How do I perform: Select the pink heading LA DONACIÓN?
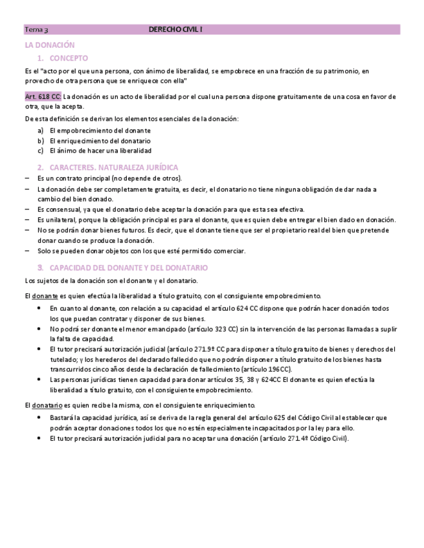(x=50, y=45)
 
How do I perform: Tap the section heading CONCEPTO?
(x=68, y=58)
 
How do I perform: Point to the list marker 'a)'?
(x=40, y=130)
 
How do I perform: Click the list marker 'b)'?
(x=40, y=140)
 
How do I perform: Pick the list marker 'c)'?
(x=40, y=151)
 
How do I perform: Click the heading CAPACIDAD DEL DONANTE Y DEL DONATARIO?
(x=128, y=268)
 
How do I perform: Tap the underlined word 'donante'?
(x=45, y=295)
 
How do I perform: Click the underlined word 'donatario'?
(x=47, y=405)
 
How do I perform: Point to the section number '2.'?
(x=41, y=167)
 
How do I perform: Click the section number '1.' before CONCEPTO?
(x=41, y=58)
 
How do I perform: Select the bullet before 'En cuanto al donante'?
(x=40, y=308)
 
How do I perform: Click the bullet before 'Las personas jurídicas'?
(x=40, y=379)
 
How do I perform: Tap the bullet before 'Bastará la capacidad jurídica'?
(x=40, y=417)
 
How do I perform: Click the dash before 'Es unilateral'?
(x=27, y=220)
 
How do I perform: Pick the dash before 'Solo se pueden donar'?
(x=27, y=251)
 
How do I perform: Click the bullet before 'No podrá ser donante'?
(x=40, y=329)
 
